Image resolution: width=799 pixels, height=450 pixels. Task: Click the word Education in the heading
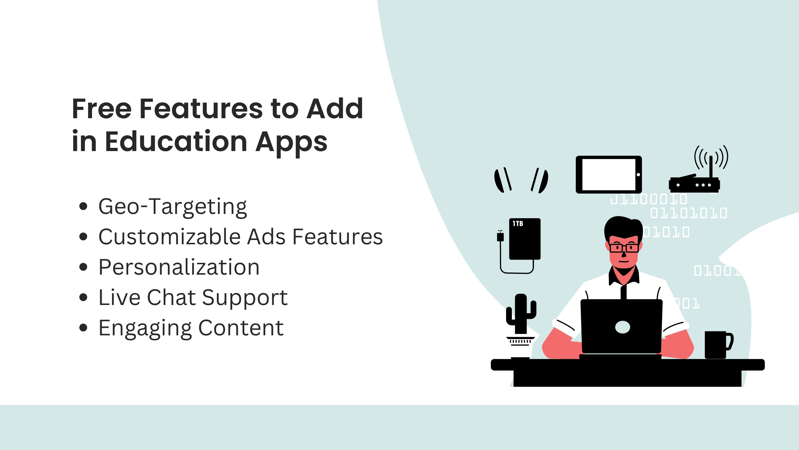click(x=176, y=141)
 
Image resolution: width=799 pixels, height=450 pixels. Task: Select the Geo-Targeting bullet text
click(x=173, y=207)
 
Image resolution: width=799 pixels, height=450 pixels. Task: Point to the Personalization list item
click(x=179, y=267)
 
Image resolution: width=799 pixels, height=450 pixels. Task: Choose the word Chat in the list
click(x=171, y=297)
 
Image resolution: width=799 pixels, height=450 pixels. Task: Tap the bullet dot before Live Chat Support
click(x=83, y=297)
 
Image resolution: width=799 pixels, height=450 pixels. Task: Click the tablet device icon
click(x=609, y=175)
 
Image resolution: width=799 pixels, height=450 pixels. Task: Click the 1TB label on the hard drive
click(x=518, y=224)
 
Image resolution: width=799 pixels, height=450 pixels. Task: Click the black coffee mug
click(x=717, y=345)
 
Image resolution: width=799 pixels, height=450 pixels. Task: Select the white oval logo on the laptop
click(x=622, y=327)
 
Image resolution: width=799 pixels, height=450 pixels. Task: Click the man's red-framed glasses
click(x=624, y=247)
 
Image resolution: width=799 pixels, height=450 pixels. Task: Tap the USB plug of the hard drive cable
click(x=500, y=236)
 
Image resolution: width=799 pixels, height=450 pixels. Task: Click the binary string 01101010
click(x=688, y=214)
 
